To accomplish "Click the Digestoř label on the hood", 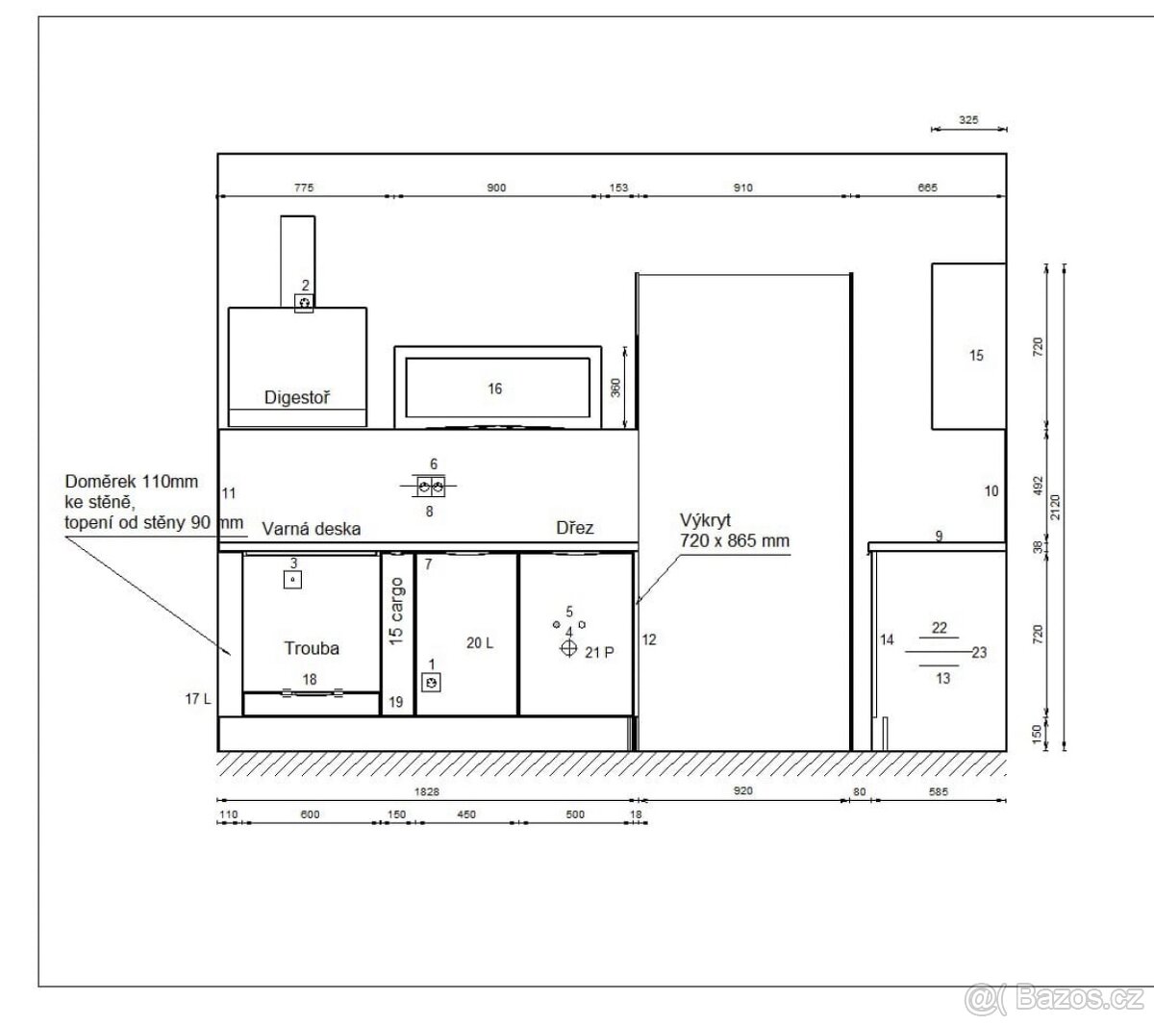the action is [x=297, y=398].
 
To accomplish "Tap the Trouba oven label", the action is [x=312, y=648].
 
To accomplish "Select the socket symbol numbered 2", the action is [x=304, y=303].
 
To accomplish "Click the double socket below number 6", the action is [x=431, y=487].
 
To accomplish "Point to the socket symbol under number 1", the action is [x=431, y=683].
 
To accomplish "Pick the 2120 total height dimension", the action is [x=1055, y=507].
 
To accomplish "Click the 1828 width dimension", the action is [x=427, y=792].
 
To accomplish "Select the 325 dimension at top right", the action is [x=968, y=120].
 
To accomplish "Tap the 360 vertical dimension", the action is [x=615, y=388].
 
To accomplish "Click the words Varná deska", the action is [x=312, y=529].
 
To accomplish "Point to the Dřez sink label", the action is [x=575, y=528].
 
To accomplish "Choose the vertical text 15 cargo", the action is [x=396, y=612].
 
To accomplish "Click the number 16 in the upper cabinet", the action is [x=494, y=389].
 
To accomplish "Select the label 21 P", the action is [x=599, y=653].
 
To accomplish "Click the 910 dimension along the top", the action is [x=742, y=188].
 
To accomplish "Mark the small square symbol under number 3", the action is [x=292, y=580].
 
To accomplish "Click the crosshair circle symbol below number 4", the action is [x=568, y=648].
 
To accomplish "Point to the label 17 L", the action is [x=198, y=698].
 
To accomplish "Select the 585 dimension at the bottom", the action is [x=939, y=792].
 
